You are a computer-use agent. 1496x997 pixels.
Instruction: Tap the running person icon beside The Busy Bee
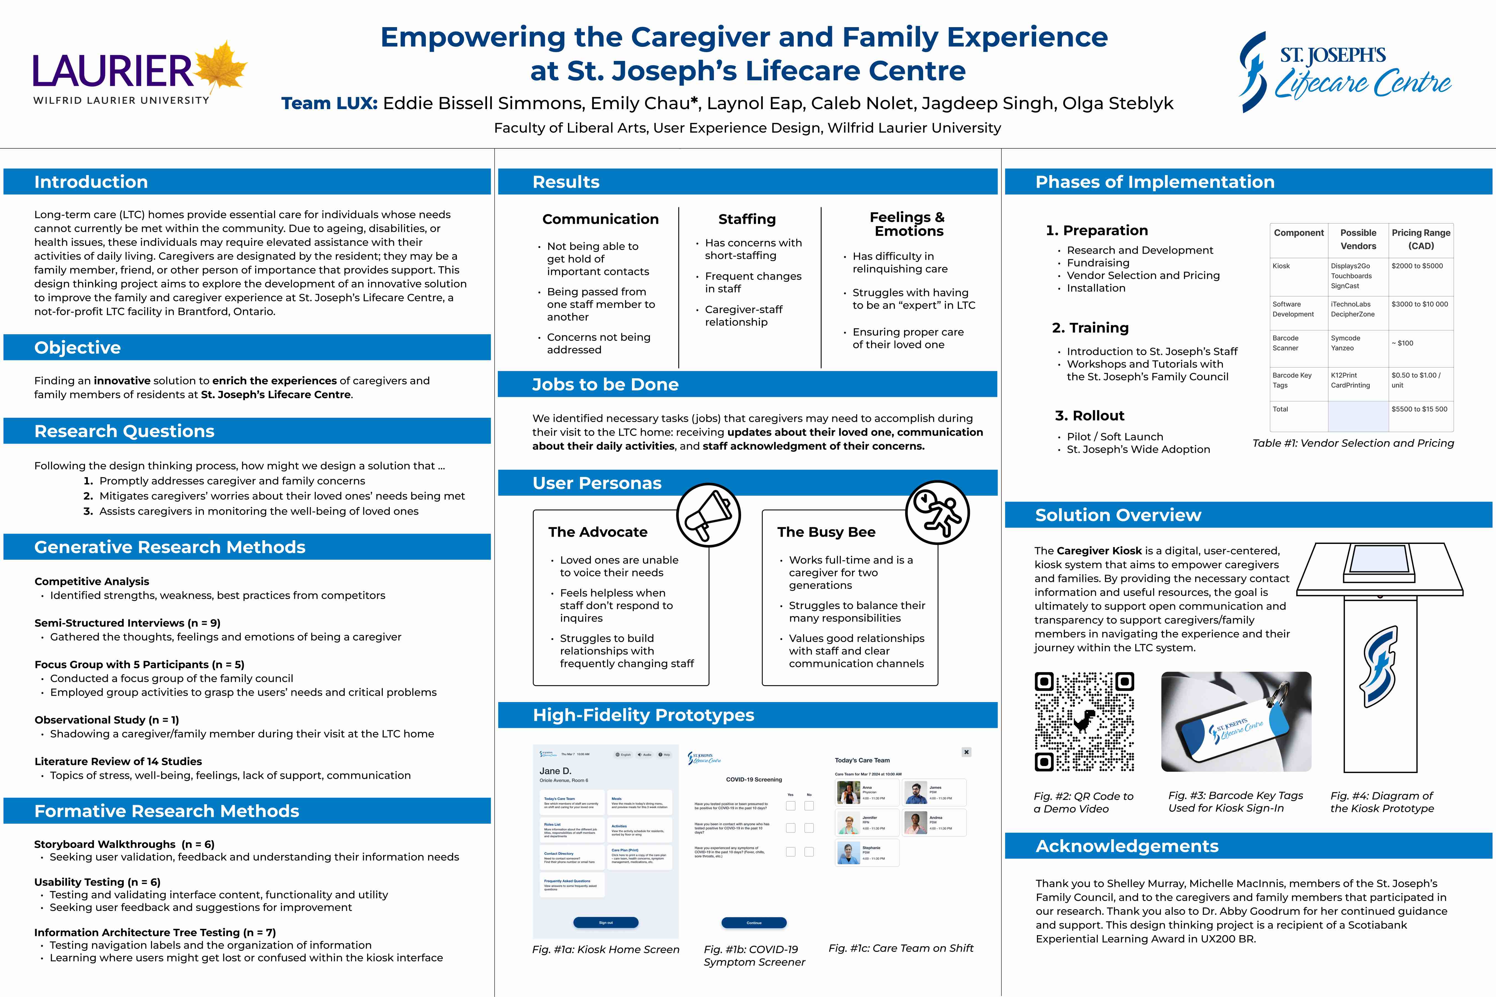click(x=937, y=513)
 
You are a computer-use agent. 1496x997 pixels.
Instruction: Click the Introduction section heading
click(x=91, y=182)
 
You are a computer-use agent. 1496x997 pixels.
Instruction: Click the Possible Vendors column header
click(x=1358, y=239)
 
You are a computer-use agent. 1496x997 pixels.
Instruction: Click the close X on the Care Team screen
click(x=966, y=752)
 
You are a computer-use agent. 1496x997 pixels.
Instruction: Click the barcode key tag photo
click(x=1236, y=722)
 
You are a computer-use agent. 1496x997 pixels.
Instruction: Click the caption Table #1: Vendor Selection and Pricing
click(x=1353, y=443)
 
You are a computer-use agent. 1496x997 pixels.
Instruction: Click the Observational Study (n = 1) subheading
click(x=107, y=720)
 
